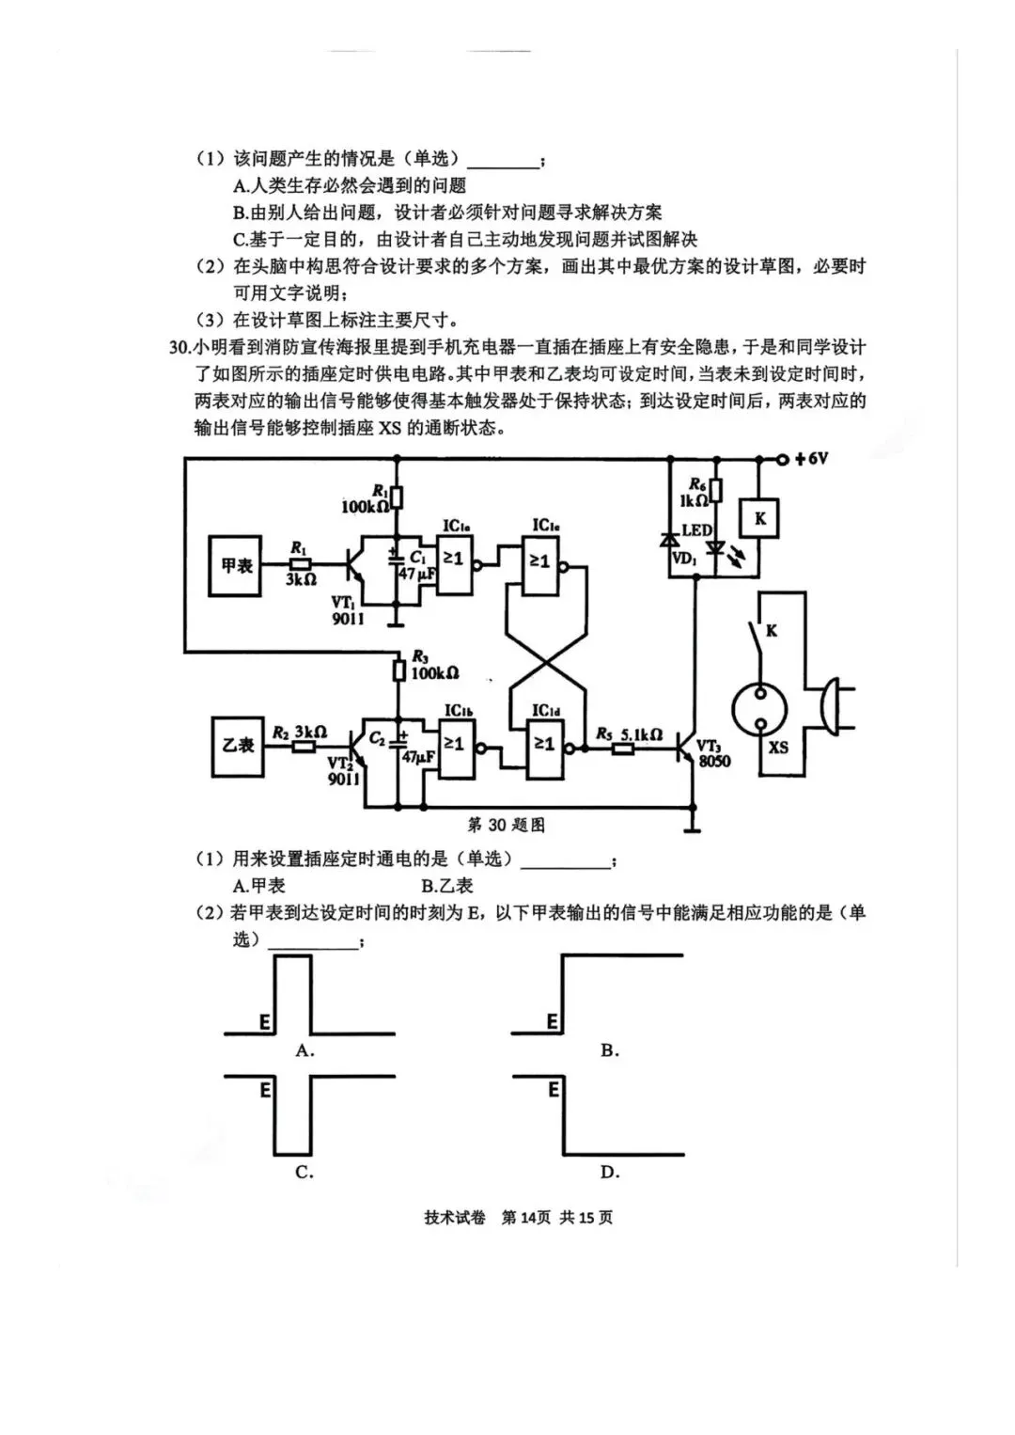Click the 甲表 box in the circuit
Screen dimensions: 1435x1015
(236, 566)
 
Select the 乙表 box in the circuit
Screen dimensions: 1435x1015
(237, 745)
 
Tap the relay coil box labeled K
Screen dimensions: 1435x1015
(759, 518)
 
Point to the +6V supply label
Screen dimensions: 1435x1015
(811, 459)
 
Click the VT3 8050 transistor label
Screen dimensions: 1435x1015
(713, 753)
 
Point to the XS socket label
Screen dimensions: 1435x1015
(778, 748)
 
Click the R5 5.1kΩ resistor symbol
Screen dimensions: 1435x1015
(622, 749)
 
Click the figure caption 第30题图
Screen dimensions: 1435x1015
(507, 825)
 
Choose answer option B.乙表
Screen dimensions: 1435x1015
(446, 885)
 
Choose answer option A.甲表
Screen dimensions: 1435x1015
(258, 885)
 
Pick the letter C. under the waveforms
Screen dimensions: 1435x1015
(304, 1172)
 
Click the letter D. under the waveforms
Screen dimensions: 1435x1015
(610, 1172)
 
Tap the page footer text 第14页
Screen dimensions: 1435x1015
(525, 1218)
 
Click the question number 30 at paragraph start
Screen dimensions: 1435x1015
(179, 348)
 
